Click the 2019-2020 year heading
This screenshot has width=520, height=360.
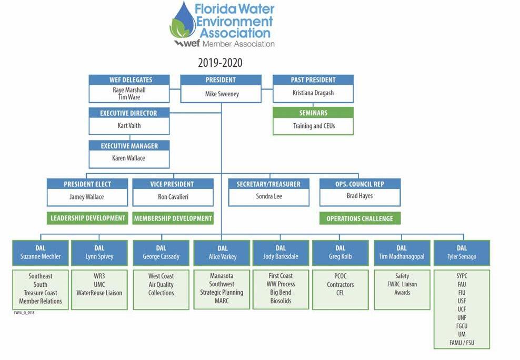tap(220, 63)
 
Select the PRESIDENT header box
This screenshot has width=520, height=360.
tap(221, 80)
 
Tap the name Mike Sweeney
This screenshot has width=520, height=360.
tap(221, 94)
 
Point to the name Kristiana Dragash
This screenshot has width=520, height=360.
tap(313, 93)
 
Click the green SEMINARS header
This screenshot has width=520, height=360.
tap(313, 113)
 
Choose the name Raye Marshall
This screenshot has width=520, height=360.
tap(129, 90)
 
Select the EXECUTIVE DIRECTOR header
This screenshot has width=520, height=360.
tap(129, 113)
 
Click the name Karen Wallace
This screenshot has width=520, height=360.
tap(129, 158)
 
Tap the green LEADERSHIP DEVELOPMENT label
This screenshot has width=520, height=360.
tap(87, 218)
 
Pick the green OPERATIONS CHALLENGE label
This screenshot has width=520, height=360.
tap(359, 218)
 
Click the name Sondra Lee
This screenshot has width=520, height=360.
tap(268, 197)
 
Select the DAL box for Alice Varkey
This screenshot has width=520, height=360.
tap(222, 253)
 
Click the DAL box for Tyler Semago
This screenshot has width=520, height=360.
tap(462, 253)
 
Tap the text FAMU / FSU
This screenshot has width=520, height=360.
tap(462, 343)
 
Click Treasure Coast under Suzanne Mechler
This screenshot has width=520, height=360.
tap(41, 293)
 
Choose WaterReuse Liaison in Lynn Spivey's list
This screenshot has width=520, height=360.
tap(99, 293)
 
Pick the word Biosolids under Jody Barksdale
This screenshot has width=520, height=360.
tap(281, 301)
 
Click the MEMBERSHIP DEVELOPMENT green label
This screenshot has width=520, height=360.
tap(173, 218)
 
